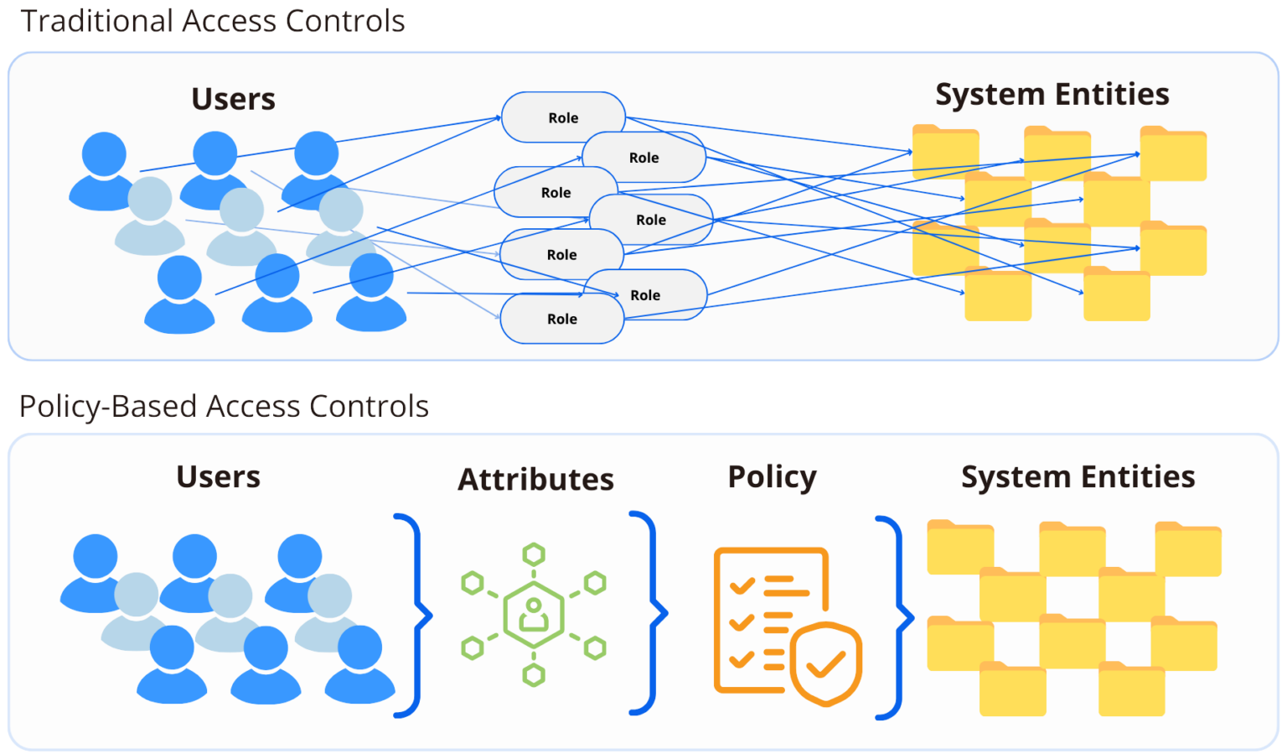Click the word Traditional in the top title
coord(96,21)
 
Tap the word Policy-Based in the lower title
coord(108,407)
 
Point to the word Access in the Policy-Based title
coord(255,407)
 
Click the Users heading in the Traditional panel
coord(233,99)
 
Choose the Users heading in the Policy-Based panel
coord(218,476)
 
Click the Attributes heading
coord(535,479)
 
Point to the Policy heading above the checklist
coord(772,476)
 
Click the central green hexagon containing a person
coord(534,615)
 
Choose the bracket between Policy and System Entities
coord(895,618)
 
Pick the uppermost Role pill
coord(563,117)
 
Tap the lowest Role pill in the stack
coord(562,319)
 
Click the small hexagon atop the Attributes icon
coord(534,554)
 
